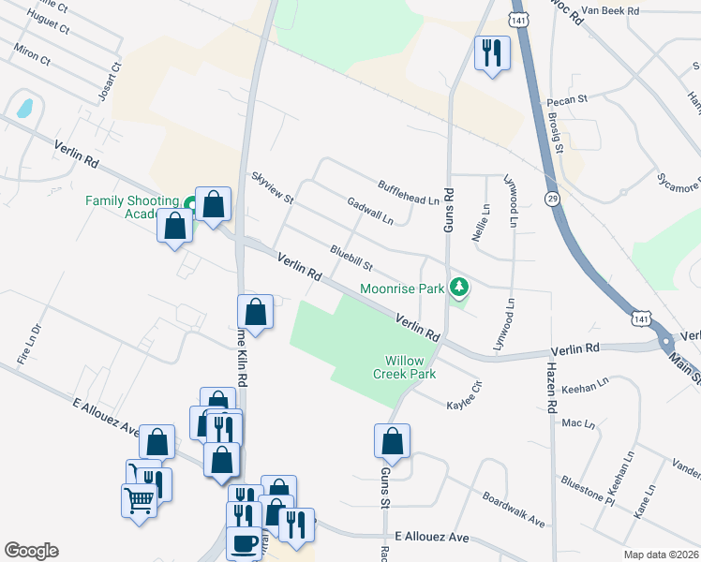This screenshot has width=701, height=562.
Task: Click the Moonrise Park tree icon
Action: coord(459,286)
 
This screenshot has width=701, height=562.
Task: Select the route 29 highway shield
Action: coord(552,199)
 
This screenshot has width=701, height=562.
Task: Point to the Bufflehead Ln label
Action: coord(408,192)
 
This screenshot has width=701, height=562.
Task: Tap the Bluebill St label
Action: coord(351,255)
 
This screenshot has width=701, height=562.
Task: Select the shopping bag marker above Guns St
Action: coord(392,442)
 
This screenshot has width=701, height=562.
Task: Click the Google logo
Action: coord(31,551)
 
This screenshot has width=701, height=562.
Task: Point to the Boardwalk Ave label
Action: coord(513,508)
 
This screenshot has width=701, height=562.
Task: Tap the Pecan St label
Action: coord(568,97)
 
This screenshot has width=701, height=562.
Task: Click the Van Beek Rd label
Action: coord(609,10)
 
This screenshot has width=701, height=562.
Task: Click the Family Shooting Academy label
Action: coord(131,207)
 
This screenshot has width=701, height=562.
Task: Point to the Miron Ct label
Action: coord(32,52)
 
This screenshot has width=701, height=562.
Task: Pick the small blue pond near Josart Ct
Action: coord(23,107)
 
